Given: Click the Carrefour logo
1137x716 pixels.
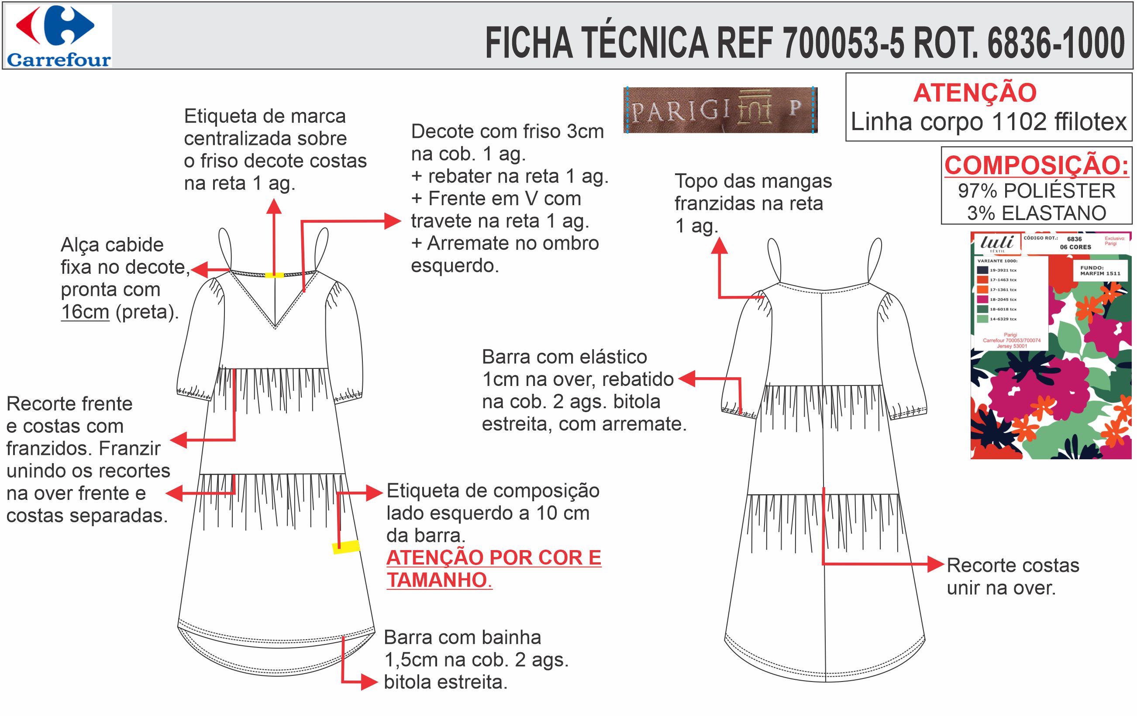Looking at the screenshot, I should (x=59, y=36).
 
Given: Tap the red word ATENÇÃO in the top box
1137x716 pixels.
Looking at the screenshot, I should (x=975, y=93).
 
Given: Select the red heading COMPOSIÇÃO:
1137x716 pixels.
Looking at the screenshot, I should (x=1037, y=165).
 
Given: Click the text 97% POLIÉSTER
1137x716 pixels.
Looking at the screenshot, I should (x=1037, y=191).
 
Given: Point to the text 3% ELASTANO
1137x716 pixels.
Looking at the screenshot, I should (x=1037, y=213).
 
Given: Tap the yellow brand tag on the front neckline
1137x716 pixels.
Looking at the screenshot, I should (x=274, y=275).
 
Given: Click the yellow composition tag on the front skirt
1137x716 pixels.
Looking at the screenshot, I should (x=346, y=547).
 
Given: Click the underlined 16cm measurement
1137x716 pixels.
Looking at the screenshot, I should (x=85, y=312).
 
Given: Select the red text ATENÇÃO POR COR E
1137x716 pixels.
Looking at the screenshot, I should (x=493, y=558).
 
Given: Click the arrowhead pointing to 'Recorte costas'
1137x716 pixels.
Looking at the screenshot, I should (x=936, y=564).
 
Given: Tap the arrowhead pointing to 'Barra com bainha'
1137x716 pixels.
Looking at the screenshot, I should (x=369, y=682).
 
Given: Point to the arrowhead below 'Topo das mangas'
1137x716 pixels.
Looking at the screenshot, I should (x=719, y=245).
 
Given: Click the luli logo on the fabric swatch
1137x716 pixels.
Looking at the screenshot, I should (x=997, y=243).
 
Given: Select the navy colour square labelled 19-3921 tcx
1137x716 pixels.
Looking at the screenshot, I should (x=982, y=270).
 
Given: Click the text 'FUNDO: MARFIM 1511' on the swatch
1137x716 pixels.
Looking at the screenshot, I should (x=1100, y=270).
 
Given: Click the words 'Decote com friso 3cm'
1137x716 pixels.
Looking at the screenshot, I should (x=507, y=131).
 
